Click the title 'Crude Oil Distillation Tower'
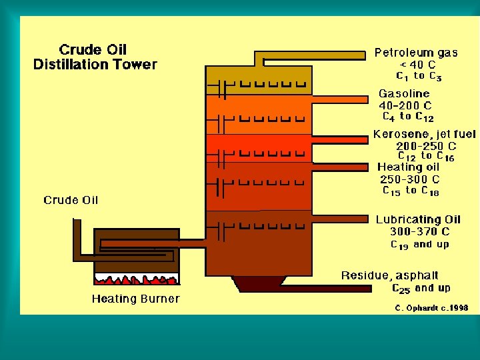coord(95,57)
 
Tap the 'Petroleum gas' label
coord(415,53)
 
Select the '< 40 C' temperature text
coord(417,65)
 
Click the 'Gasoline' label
coord(404,94)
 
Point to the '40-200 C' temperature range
coord(405,105)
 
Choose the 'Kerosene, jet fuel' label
coord(424,134)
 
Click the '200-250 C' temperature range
coord(425,146)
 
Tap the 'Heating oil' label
coord(408,167)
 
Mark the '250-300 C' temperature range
coord(409,179)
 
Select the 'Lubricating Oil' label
coord(418,219)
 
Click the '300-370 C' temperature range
coord(419,231)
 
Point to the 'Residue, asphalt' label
coord(390,275)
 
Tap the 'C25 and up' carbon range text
coord(421,288)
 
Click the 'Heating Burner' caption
coord(135,299)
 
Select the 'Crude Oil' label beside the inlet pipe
coord(71,200)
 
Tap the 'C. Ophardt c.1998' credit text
coord(431,308)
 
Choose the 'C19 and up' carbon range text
coord(419,245)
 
